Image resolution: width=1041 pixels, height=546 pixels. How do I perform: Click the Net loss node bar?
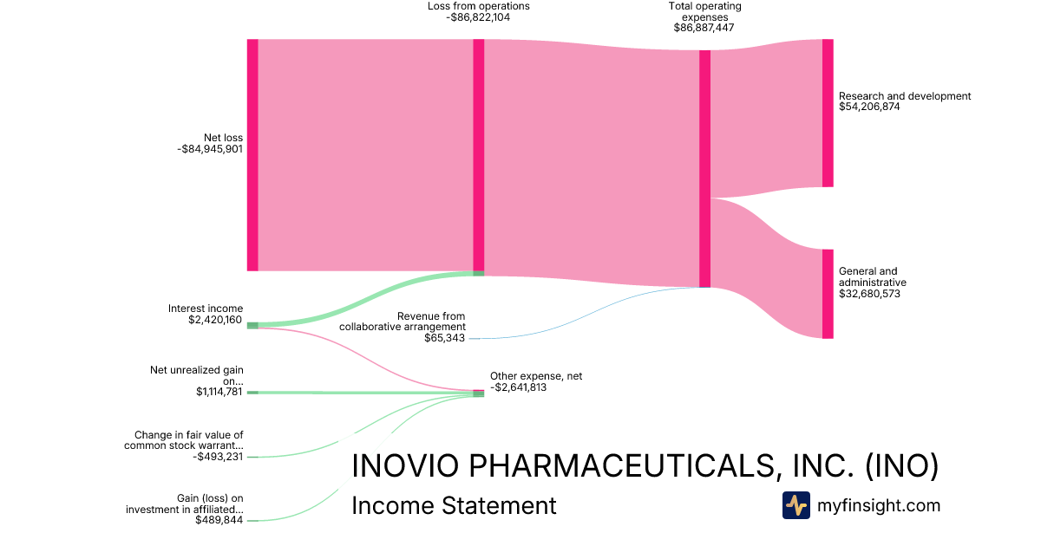(x=252, y=155)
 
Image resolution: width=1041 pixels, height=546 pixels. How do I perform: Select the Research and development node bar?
(x=828, y=113)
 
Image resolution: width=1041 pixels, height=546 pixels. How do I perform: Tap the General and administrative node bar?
(x=828, y=294)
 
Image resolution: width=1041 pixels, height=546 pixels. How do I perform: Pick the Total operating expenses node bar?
(x=704, y=168)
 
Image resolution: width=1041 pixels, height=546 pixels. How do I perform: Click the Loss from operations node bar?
(x=478, y=156)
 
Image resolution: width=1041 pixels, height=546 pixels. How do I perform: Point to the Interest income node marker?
(x=252, y=325)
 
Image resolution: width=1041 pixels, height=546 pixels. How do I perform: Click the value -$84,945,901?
(x=209, y=149)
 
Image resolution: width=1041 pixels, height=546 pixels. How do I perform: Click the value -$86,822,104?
(x=478, y=16)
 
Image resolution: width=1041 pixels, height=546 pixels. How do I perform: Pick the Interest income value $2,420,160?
(x=215, y=320)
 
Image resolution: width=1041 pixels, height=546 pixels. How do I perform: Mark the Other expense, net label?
(x=536, y=376)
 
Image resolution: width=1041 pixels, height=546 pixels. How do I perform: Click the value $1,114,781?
(x=220, y=392)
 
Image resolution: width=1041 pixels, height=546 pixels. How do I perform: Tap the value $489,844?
(x=219, y=520)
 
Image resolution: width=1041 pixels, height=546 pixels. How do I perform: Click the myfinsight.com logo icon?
(x=795, y=505)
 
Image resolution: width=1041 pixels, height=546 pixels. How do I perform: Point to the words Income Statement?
(x=454, y=505)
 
